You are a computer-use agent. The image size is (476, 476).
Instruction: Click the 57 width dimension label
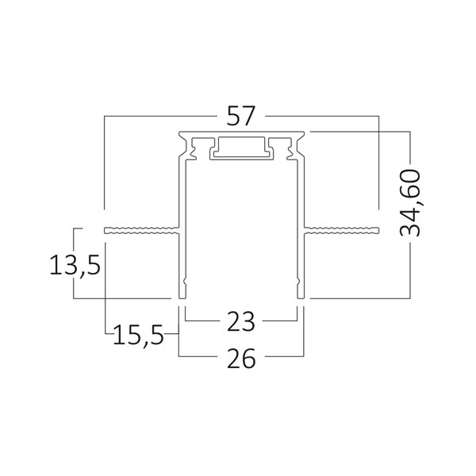tap(240, 116)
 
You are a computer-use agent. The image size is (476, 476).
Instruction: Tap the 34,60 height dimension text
tap(410, 203)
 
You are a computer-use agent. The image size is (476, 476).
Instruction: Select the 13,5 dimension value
tap(75, 266)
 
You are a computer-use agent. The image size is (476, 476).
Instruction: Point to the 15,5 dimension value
tap(138, 335)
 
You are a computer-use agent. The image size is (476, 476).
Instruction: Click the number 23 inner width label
tap(241, 321)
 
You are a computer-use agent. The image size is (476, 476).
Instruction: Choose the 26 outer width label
tap(241, 359)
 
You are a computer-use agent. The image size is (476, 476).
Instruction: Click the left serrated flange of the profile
tap(141, 230)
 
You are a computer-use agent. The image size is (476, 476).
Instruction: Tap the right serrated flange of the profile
tap(341, 230)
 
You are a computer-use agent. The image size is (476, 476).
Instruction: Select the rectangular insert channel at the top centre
tap(241, 148)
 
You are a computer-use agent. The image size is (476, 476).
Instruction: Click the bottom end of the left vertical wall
tap(182, 297)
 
